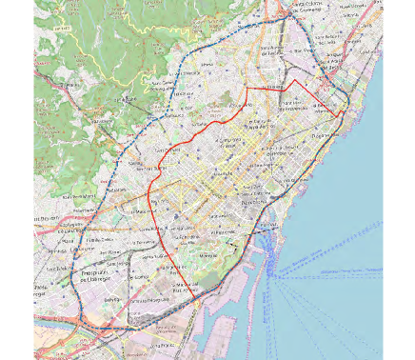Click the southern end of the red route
tap(198, 303)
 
